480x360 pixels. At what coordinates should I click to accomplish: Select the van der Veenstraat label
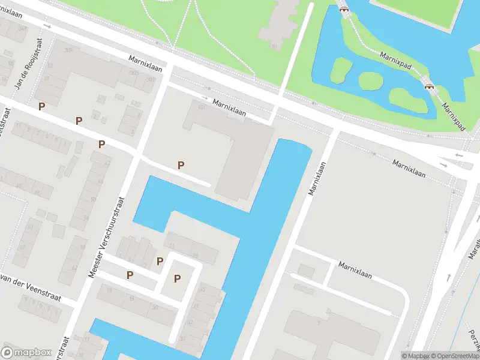30,281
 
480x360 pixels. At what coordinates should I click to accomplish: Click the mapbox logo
26,353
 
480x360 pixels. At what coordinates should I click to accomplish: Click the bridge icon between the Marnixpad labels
429,86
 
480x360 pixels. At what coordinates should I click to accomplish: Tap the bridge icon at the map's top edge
344,8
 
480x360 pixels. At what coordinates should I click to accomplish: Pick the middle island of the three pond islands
370,80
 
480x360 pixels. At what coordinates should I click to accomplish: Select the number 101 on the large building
201,107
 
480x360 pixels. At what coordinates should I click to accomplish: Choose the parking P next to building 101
181,165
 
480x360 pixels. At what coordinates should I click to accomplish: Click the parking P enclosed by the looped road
177,278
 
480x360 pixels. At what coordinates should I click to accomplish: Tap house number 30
155,307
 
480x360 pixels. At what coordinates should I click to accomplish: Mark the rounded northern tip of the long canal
294,143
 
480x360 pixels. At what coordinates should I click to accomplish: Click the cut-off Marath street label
474,246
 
